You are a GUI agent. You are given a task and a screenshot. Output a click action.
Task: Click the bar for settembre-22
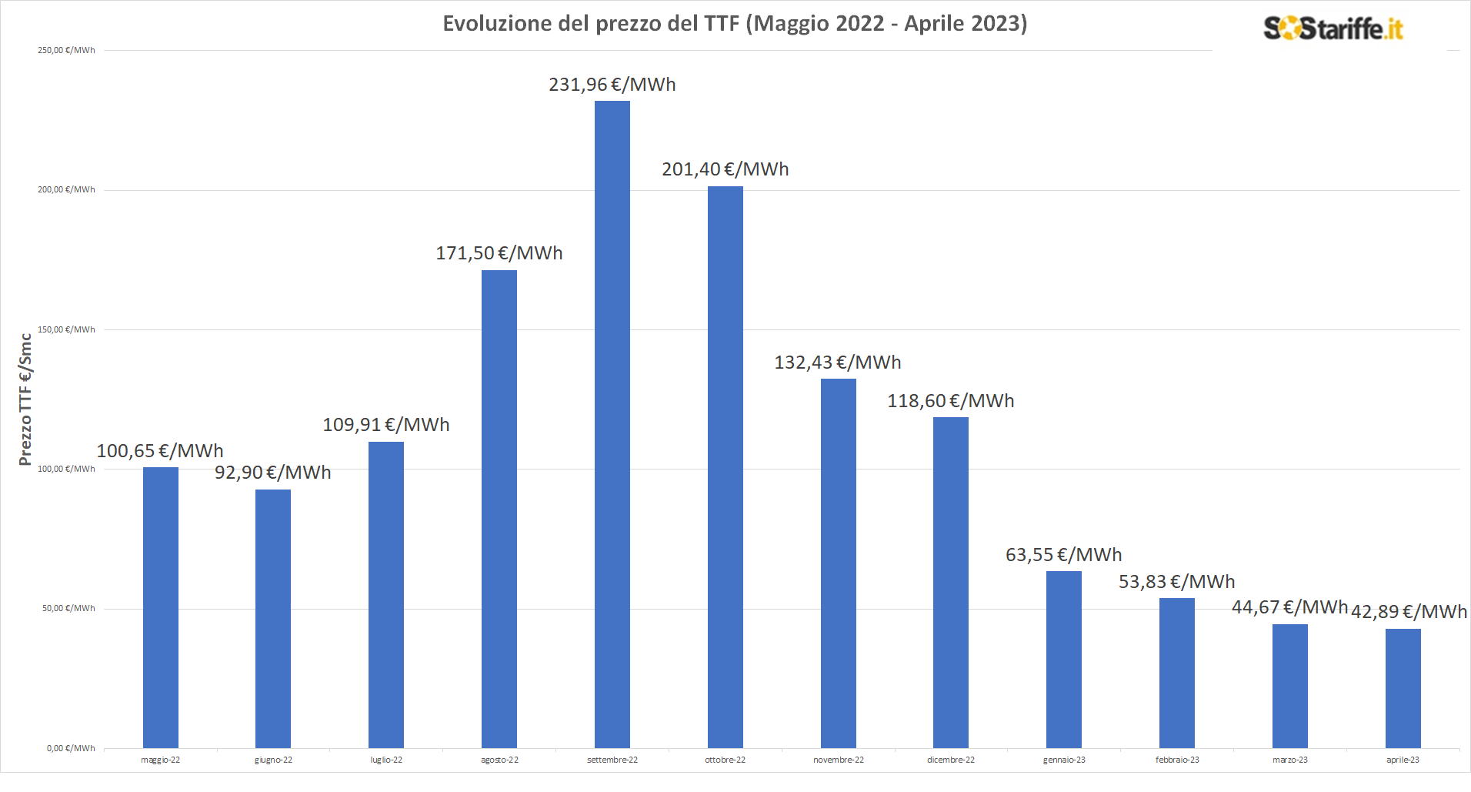tap(612, 424)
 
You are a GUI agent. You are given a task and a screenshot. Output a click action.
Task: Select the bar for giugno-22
tap(273, 618)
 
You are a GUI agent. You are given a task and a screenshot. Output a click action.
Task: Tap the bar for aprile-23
tap(1403, 688)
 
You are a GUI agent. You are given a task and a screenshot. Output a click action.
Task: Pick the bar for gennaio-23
tap(1063, 659)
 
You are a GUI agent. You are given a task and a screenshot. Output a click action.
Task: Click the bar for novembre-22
tap(838, 563)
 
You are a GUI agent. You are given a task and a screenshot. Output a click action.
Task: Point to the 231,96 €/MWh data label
tap(612, 85)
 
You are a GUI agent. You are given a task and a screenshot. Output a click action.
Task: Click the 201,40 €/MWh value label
tap(725, 169)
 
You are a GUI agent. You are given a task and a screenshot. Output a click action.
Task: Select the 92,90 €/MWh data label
tap(272, 473)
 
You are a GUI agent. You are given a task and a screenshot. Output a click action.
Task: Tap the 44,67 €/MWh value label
tap(1289, 607)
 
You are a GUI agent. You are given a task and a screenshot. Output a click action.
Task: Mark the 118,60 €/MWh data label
tap(950, 401)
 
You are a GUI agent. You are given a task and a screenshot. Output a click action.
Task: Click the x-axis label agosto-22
tap(499, 760)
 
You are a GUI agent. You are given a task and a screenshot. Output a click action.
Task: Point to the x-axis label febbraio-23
tap(1177, 760)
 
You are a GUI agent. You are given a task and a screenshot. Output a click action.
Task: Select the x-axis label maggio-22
tap(160, 760)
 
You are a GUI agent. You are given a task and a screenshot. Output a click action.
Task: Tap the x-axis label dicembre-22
tap(950, 760)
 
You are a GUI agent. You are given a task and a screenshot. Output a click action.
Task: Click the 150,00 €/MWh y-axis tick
tap(66, 329)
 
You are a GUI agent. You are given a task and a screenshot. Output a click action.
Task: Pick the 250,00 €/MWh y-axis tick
tap(66, 50)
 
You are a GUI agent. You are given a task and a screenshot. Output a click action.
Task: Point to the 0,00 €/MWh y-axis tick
tap(71, 748)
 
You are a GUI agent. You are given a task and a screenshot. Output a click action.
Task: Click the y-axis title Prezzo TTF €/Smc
tap(25, 399)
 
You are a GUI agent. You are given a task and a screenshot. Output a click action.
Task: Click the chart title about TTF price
tap(735, 23)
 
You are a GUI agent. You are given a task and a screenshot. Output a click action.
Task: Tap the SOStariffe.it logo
tap(1333, 28)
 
